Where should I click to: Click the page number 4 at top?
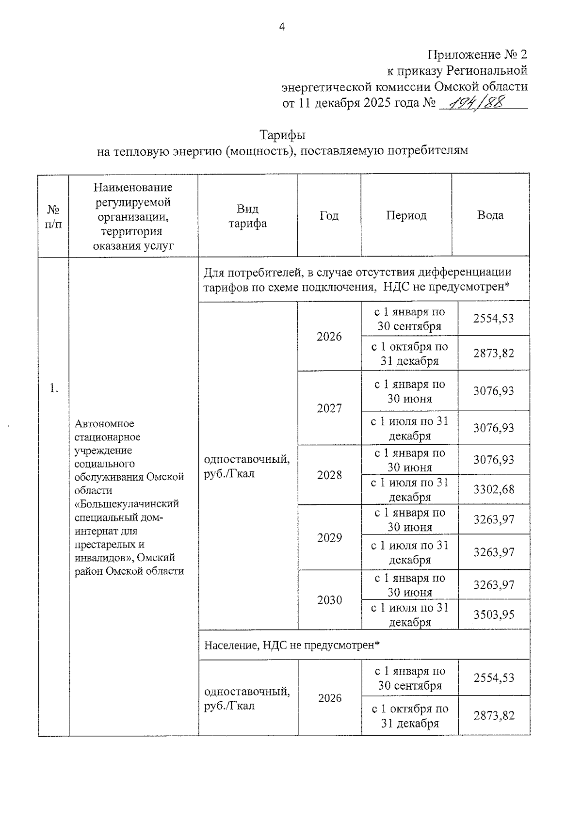tap(282, 27)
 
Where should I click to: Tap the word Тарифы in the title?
tap(282, 134)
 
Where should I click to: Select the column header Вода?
tap(490, 215)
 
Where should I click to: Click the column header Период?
tap(406, 215)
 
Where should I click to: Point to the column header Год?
tap(329, 215)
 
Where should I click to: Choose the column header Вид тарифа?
tap(247, 216)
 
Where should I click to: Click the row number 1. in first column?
tap(53, 387)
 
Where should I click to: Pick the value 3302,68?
tap(493, 489)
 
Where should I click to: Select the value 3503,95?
tap(493, 614)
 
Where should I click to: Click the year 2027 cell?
tap(329, 408)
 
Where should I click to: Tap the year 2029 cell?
tap(329, 537)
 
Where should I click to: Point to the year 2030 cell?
tap(329, 600)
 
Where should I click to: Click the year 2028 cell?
tap(329, 475)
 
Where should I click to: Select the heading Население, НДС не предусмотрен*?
tap(291, 645)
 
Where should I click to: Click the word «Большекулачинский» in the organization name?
tap(127, 504)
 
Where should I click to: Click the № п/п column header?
tap(53, 216)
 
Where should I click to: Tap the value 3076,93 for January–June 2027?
tap(493, 391)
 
